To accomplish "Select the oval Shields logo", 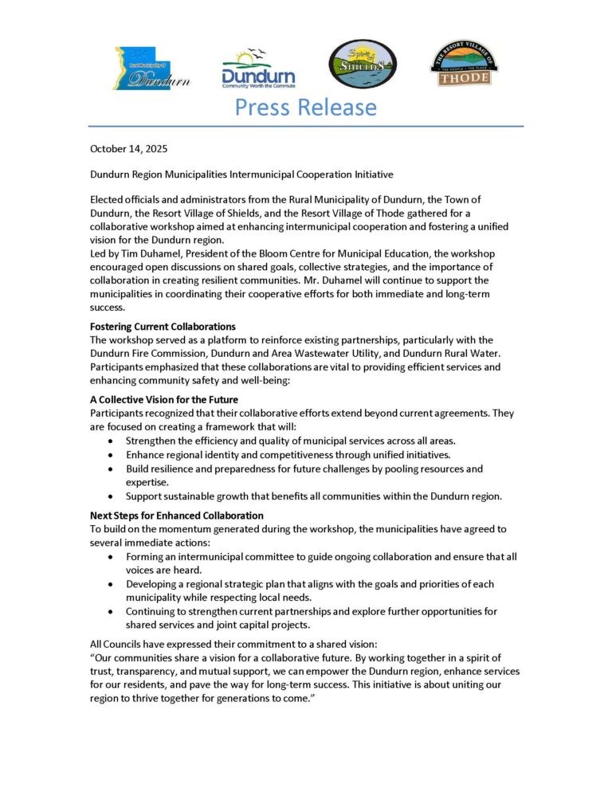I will point(363,65).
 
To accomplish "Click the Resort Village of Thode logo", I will point(463,65).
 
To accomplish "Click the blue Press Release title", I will point(305,107).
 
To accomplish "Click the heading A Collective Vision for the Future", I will point(164,399).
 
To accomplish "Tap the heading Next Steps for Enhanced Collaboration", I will point(176,516).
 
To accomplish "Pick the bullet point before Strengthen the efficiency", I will point(110,441).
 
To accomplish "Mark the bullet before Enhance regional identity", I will point(110,454).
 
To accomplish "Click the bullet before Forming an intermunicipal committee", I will point(110,557).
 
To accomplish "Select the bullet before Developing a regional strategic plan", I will point(110,585).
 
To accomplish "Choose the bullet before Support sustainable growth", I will point(110,496).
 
